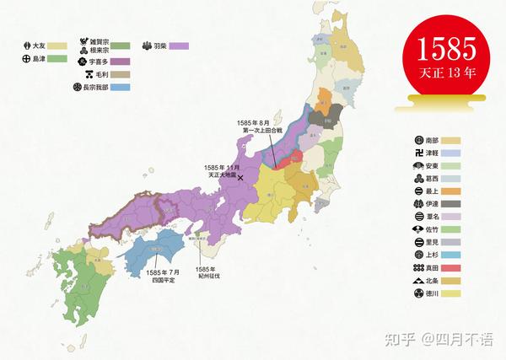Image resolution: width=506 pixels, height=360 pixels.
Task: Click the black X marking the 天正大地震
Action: click(x=240, y=178)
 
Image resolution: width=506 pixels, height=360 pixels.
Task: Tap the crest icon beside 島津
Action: click(x=26, y=59)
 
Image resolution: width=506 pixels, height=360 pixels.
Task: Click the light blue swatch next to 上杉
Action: click(x=454, y=251)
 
